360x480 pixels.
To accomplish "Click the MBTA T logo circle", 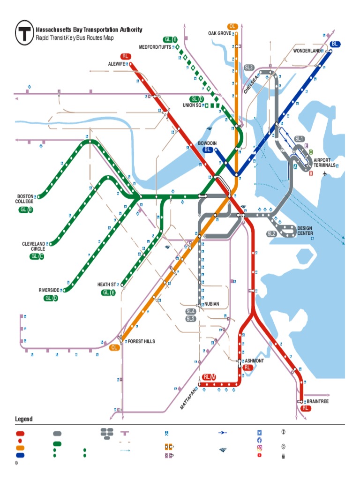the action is click(x=24, y=33).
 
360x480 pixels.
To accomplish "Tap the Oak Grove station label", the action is click(x=219, y=33).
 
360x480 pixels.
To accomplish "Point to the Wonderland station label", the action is click(x=307, y=51).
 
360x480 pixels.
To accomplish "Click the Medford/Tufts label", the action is click(x=155, y=47).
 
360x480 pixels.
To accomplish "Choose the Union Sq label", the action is click(x=192, y=105).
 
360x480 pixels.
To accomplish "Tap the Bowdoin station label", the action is click(x=207, y=143).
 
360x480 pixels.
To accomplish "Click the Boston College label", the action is click(x=25, y=199).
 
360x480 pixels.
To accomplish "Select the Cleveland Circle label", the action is click(x=34, y=246).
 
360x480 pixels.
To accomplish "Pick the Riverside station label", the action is click(x=49, y=290).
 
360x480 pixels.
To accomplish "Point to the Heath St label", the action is click(x=106, y=285).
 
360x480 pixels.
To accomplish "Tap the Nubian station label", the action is click(x=212, y=304).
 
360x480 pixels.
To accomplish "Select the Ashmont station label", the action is click(x=255, y=361).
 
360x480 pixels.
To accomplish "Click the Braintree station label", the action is click(x=317, y=402).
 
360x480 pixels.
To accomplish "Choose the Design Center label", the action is click(x=305, y=231).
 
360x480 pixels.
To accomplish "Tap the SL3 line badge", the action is click(x=249, y=67).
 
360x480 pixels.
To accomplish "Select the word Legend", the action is click(x=24, y=419).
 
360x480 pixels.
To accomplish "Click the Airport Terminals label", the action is click(x=324, y=163).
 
